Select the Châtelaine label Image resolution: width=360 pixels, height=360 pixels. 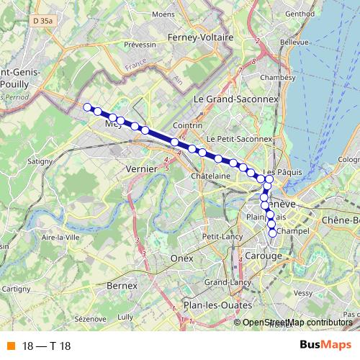tap(211, 176)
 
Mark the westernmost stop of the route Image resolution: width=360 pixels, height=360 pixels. tap(88, 107)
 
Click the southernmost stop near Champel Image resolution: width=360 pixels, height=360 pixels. tap(273, 233)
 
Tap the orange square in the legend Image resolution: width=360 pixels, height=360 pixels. tap(10, 346)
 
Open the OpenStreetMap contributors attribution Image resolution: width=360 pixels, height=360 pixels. tap(297, 323)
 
